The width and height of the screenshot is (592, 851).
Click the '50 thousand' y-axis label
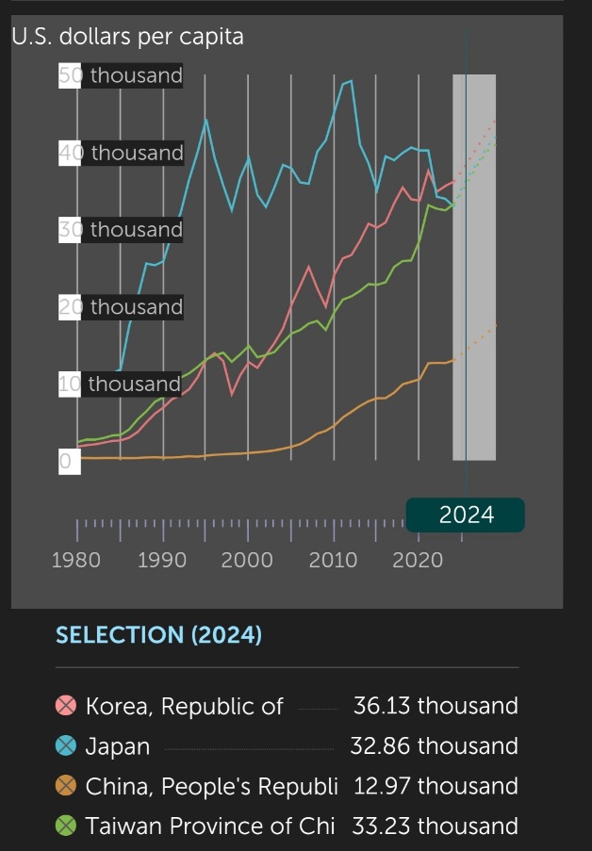(121, 75)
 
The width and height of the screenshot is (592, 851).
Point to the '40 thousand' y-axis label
(121, 153)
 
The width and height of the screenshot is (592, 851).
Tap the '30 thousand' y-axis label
(121, 229)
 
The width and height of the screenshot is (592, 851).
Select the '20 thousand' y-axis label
(121, 306)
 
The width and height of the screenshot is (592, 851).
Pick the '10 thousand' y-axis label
(120, 384)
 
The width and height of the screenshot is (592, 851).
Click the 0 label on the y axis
(66, 462)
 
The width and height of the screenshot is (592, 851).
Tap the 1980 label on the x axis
(76, 560)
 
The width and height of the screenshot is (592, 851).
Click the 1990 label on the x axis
(161, 560)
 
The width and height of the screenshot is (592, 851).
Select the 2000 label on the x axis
(247, 560)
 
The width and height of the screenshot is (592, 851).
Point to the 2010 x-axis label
(332, 560)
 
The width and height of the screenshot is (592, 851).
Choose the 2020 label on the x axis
(418, 560)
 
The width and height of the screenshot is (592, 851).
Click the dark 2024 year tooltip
(466, 515)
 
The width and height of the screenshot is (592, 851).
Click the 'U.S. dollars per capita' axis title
(126, 37)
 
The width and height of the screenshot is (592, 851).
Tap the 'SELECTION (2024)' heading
(158, 634)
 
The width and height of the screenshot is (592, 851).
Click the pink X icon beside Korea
(66, 706)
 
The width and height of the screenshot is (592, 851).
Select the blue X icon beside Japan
(66, 746)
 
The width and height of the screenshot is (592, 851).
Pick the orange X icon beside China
(66, 786)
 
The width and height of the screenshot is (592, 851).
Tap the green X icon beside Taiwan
(66, 826)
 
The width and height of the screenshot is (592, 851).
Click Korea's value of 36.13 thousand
(436, 706)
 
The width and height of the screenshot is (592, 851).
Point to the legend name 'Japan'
(118, 746)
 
